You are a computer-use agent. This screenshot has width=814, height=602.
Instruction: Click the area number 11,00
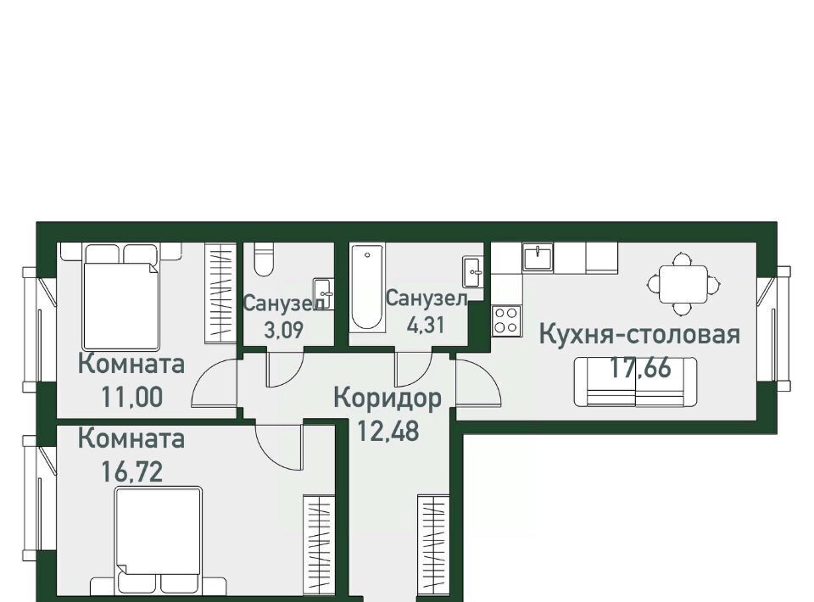tap(132, 398)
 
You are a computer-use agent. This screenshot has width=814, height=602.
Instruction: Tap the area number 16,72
tap(132, 472)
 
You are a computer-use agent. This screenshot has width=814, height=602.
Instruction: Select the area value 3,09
tap(283, 330)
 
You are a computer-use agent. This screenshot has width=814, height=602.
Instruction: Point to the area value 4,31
tap(426, 325)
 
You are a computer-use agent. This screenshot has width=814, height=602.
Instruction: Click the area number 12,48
tap(388, 431)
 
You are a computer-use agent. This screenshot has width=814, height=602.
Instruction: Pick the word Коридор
tap(387, 399)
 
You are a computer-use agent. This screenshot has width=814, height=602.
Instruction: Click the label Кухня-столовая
tap(639, 334)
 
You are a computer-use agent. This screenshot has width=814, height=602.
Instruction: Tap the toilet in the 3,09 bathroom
tap(264, 259)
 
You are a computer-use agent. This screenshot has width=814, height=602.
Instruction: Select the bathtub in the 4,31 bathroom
tap(367, 287)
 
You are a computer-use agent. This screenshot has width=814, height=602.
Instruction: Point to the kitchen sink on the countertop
tap(538, 257)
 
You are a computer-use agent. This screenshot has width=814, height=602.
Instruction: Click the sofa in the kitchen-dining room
tap(635, 382)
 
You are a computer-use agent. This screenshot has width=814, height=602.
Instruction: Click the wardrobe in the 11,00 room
tap(220, 293)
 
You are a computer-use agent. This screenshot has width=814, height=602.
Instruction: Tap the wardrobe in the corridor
tap(433, 545)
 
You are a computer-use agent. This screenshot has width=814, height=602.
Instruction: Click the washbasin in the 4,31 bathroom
tap(473, 271)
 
